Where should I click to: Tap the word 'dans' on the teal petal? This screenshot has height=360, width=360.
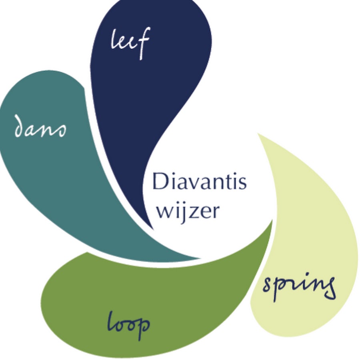pos(40,127)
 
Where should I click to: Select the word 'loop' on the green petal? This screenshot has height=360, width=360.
pos(128,323)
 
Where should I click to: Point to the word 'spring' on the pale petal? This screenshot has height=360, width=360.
pos(298,286)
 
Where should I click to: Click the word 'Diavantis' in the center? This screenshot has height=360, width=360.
pos(199,182)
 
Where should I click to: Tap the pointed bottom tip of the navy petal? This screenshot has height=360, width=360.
pos(152,228)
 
